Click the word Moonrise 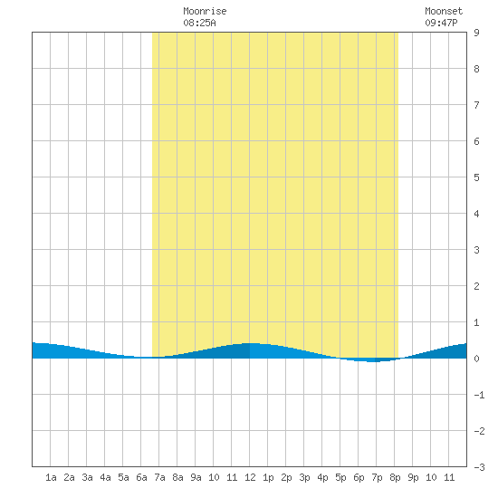pos(205,11)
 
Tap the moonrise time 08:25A pos(199,23)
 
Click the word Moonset pos(444,11)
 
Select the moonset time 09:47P pos(441,23)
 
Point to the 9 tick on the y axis pos(476,33)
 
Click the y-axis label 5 pos(476,177)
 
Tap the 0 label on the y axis pos(476,359)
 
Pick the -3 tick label pos(479,467)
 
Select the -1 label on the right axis pos(479,395)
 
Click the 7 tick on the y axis pos(476,105)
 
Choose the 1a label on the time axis pos(51,477)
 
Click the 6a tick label pos(141,477)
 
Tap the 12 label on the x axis pos(250,477)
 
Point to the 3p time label pos(304,477)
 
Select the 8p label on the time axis pos(395,477)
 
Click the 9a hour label pos(196,477)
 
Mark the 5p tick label pos(340,477)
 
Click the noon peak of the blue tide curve pos(250,343)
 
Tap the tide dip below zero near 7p pos(374,361)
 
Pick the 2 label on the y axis pos(476,286)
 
